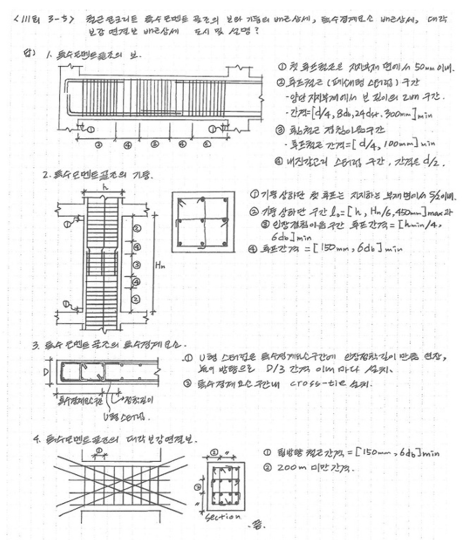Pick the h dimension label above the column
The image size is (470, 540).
(104, 188)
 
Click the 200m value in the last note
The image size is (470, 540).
(289, 468)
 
